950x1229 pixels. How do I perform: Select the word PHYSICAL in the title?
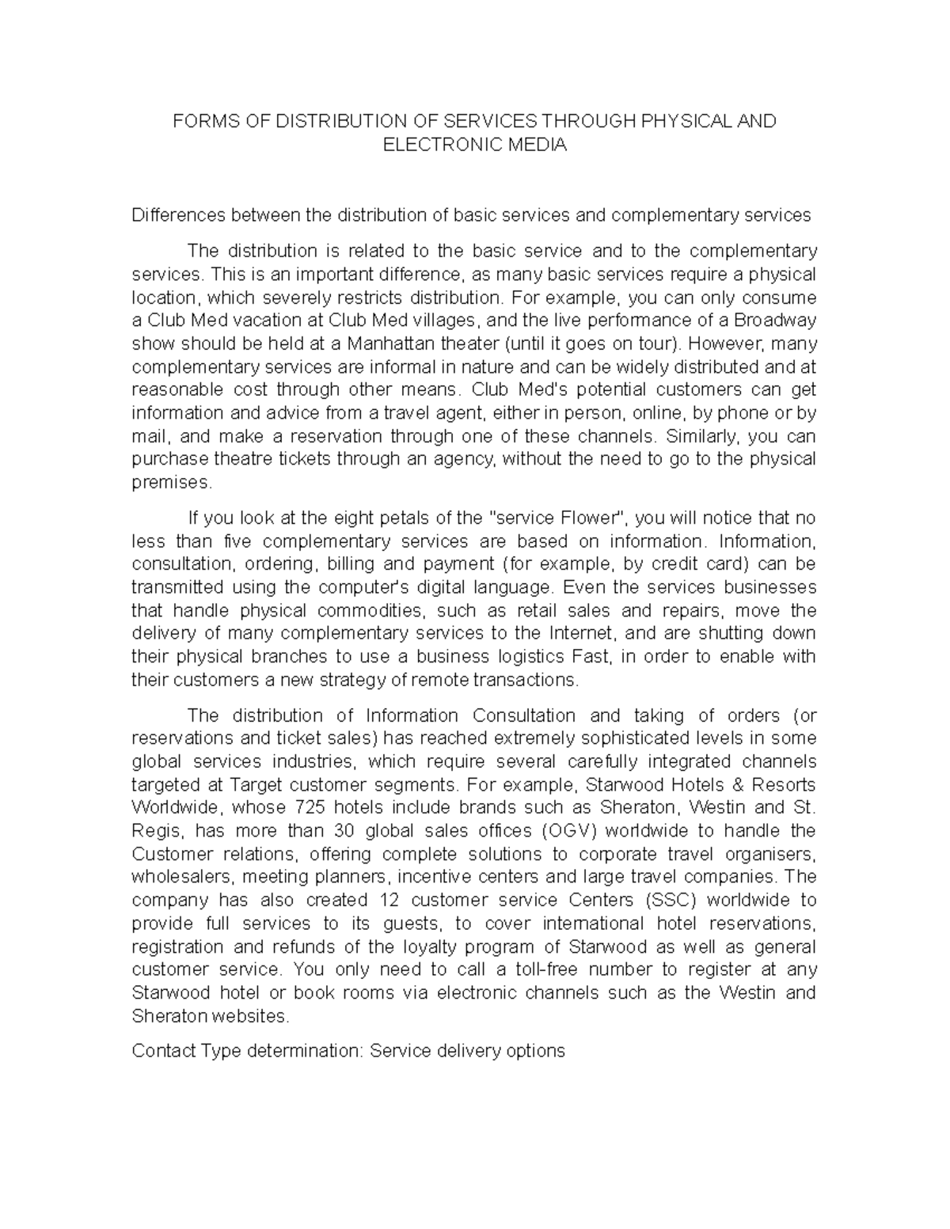[x=690, y=121]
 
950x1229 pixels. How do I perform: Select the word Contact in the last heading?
[x=164, y=1051]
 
